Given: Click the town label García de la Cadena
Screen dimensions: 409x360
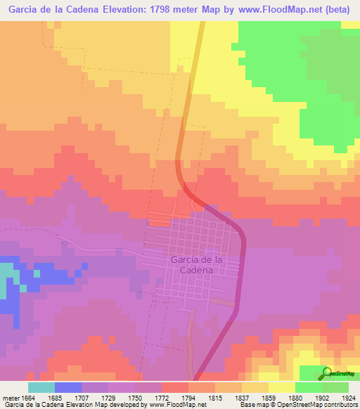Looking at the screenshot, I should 197,265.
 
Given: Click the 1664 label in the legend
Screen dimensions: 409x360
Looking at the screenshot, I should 28,397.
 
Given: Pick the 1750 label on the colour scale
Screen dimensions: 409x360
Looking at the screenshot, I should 135,397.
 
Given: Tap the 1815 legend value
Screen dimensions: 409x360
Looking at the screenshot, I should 215,397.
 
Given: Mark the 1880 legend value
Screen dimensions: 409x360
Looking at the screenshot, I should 295,397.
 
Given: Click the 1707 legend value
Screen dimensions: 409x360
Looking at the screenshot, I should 82,397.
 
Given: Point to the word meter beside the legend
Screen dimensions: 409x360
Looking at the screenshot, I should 10,397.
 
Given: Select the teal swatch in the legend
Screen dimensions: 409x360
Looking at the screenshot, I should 41,387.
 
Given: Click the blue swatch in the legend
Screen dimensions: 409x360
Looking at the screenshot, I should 68,387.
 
